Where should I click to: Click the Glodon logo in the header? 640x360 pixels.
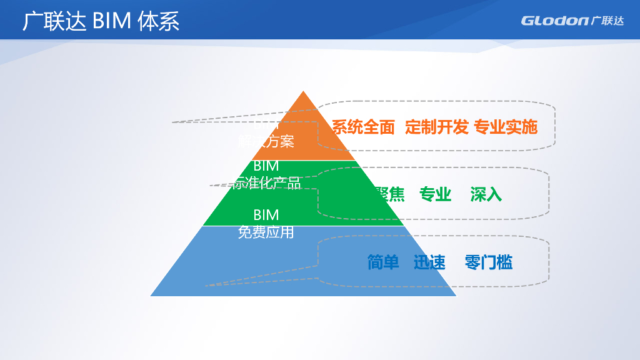pyautogui.click(x=572, y=21)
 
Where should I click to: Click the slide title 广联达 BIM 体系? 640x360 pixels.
pyautogui.click(x=101, y=21)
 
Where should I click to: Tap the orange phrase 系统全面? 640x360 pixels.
pyautogui.click(x=363, y=127)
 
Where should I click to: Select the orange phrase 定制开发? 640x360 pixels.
pyautogui.click(x=436, y=127)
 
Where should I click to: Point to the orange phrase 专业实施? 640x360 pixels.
pyautogui.click(x=506, y=127)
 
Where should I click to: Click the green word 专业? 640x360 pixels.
pyautogui.click(x=435, y=194)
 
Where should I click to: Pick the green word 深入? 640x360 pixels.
pyautogui.click(x=486, y=194)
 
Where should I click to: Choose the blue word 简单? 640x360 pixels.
pyautogui.click(x=383, y=262)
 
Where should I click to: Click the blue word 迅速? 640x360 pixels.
pyautogui.click(x=429, y=262)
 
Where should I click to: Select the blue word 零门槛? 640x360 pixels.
pyautogui.click(x=488, y=262)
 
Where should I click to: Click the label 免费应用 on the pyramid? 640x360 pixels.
pyautogui.click(x=266, y=232)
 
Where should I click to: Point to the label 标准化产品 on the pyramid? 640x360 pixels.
pyautogui.click(x=266, y=182)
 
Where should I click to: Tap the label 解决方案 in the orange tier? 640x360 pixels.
pyautogui.click(x=266, y=142)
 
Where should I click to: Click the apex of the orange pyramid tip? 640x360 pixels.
pyautogui.click(x=304, y=92)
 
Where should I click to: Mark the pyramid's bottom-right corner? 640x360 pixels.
pyautogui.click(x=456, y=295)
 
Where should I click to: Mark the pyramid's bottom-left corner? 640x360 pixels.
pyautogui.click(x=151, y=295)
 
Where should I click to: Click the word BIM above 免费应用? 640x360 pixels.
pyautogui.click(x=266, y=216)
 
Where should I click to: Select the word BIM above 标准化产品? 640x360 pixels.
pyautogui.click(x=266, y=166)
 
